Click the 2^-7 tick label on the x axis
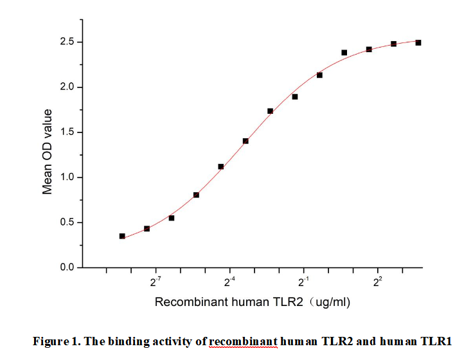coord(155,282)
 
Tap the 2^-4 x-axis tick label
coord(229,282)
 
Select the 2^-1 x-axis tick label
coord(303,282)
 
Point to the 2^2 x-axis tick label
coord(378,282)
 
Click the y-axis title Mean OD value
coord(48,152)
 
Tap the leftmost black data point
coord(122,236)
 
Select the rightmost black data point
coord(418,42)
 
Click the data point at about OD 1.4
coord(245,141)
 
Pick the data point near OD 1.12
coord(221,166)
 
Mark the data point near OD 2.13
coord(319,75)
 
